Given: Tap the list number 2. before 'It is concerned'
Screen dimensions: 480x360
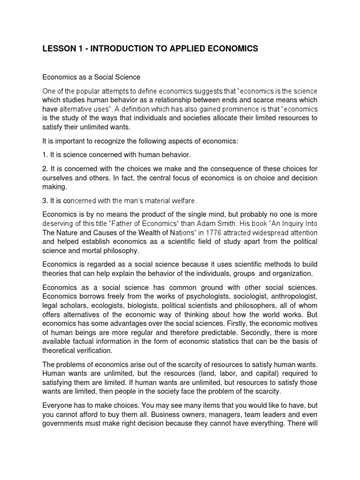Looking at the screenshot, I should tap(45, 169).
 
